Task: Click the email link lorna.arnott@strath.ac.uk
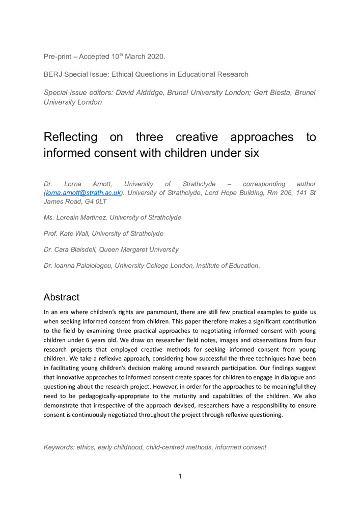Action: coord(83,192)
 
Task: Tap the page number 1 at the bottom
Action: coord(180,476)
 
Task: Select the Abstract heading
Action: coord(61,297)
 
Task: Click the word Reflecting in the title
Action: coord(71,137)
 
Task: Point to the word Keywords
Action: coord(59,447)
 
